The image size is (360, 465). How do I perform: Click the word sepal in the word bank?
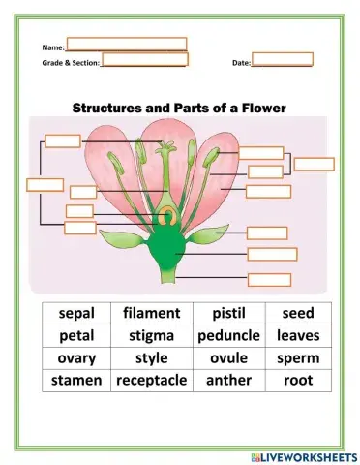[77, 314]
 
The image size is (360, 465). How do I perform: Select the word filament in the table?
[151, 314]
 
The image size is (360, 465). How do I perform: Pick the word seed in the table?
[297, 314]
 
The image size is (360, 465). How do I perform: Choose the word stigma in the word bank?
[151, 336]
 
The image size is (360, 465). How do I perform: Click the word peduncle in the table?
[228, 336]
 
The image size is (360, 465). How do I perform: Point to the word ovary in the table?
[77, 358]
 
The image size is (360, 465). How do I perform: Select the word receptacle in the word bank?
[151, 381]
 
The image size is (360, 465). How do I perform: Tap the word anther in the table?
[228, 381]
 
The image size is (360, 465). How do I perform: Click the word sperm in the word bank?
[297, 358]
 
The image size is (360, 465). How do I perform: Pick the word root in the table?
[297, 381]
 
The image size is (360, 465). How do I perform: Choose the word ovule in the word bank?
[228, 358]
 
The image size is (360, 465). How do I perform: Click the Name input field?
[126, 45]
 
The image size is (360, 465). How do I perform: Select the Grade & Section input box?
[144, 60]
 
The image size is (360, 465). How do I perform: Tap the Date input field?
[282, 60]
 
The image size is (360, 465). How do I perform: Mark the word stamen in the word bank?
[77, 381]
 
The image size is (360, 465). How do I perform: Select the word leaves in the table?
[297, 336]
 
